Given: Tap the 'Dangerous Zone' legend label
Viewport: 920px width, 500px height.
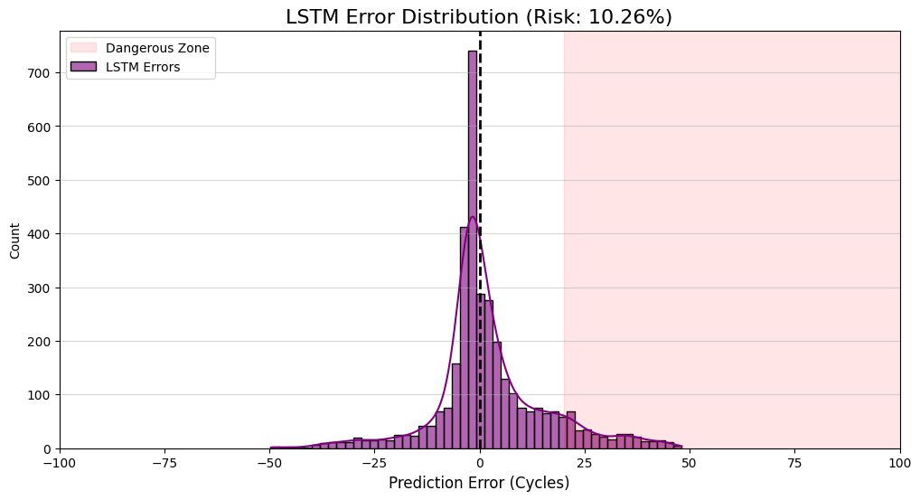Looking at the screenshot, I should [157, 47].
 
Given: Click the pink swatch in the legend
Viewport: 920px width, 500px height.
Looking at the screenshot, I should [82, 47].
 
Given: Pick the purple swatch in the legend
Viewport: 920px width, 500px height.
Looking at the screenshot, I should [82, 67].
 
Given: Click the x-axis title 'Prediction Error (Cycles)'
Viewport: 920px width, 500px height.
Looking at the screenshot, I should [479, 483].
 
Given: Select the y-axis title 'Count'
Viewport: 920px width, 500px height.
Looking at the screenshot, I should [14, 240].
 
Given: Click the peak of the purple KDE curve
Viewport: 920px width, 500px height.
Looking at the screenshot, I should [472, 217].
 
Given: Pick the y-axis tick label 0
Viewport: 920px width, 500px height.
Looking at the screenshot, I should [48, 448].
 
